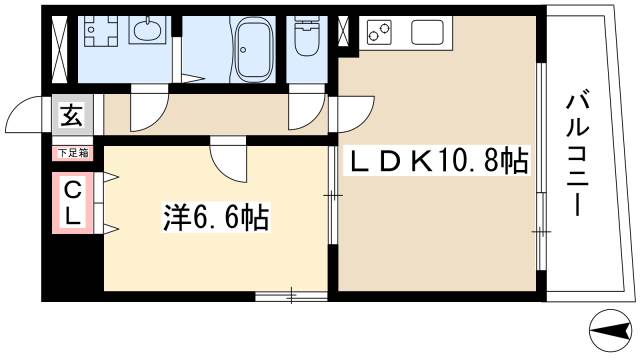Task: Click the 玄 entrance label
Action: tap(72, 116)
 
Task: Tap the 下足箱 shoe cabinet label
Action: tap(72, 153)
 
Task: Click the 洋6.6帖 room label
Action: tap(216, 218)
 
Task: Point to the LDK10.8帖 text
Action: tap(437, 161)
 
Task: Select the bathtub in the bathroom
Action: tap(259, 49)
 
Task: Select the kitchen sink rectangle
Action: tap(428, 33)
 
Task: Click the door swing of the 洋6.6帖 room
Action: tap(227, 158)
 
